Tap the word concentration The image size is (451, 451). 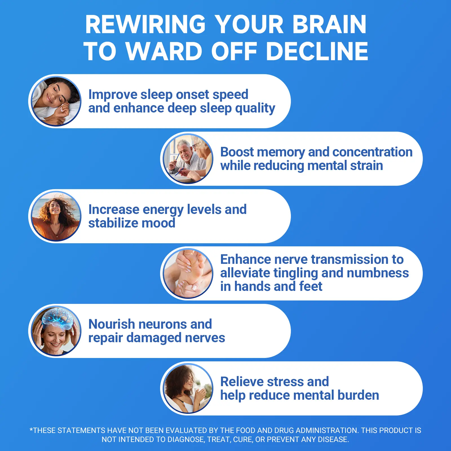click(372, 152)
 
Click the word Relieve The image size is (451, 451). click(242, 382)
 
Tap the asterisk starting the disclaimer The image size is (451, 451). click(31, 430)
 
